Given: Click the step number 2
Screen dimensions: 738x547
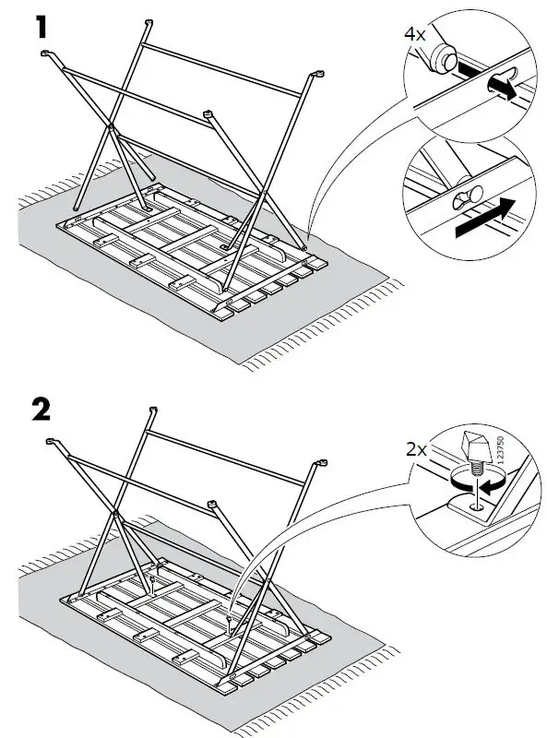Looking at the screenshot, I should [41, 411].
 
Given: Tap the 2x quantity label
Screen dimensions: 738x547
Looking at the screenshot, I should [416, 451].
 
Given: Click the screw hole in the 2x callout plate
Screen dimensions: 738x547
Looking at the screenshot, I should [472, 505].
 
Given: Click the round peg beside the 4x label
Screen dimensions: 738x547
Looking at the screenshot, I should [442, 58].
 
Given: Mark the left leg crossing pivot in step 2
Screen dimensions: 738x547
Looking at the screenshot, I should [114, 512].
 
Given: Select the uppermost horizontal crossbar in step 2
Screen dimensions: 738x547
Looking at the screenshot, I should [231, 437].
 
